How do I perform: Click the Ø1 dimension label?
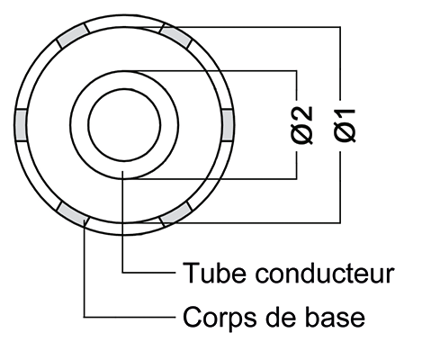click(x=345, y=125)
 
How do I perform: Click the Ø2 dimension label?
click(x=302, y=125)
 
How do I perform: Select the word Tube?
click(x=215, y=273)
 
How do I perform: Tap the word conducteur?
click(x=325, y=273)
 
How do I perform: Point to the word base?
click(x=335, y=317)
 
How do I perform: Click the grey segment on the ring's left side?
click(x=21, y=125)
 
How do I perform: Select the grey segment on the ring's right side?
click(x=228, y=125)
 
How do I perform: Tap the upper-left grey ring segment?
click(x=73, y=36)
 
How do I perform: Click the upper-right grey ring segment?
click(x=175, y=36)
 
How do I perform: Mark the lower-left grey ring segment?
click(x=73, y=214)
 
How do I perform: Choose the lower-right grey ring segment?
click(x=175, y=214)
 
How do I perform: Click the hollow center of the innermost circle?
click(x=124, y=125)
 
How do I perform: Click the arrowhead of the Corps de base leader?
click(x=85, y=222)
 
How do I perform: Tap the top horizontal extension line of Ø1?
click(x=240, y=27)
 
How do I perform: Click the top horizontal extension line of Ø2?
click(x=211, y=71)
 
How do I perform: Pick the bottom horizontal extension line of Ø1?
click(x=240, y=223)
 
